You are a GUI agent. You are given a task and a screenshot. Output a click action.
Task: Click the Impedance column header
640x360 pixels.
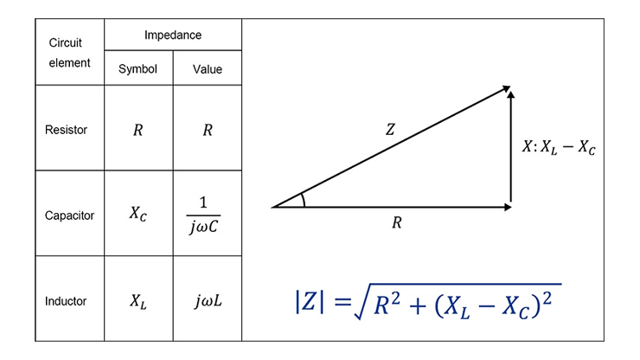coord(173,35)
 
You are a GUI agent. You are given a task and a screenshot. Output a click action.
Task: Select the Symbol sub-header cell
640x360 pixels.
coord(138,68)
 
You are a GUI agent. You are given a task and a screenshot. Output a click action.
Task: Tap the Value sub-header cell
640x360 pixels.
coord(208,69)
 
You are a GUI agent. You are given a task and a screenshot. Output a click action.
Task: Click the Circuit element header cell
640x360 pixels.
coord(69,53)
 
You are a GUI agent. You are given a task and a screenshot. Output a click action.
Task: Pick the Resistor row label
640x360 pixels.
coord(66,130)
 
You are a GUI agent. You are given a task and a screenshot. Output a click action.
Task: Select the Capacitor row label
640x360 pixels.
coord(69,215)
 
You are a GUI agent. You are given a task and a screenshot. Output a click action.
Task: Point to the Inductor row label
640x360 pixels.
coord(66,301)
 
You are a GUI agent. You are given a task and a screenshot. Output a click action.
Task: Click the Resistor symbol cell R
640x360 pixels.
coord(138,130)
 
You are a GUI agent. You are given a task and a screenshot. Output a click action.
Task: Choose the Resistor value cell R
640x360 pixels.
coord(208,130)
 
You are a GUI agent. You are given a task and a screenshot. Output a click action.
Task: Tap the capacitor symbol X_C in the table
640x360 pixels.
coord(138,213)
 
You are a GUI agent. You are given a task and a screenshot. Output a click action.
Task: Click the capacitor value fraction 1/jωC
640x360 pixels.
coord(203,215)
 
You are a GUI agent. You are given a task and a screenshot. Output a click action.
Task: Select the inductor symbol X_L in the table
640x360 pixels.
coord(138,301)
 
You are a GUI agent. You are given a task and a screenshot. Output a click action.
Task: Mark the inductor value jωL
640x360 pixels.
coord(208,301)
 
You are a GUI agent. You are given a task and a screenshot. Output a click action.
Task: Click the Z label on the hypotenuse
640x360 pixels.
coord(390,130)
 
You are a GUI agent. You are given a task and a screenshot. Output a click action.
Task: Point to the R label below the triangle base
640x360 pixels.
coord(397,222)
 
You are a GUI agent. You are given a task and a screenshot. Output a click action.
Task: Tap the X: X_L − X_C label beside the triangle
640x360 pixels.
coord(559,147)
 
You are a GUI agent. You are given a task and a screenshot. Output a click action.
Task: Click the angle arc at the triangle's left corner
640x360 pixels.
coord(304,200)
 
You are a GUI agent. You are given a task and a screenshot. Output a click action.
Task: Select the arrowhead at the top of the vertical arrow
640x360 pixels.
coord(510,94)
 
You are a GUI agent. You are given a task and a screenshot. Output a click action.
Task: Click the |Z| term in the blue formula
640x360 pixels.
coord(310,301)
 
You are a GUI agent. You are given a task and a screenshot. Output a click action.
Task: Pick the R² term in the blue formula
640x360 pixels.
coord(387,303)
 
